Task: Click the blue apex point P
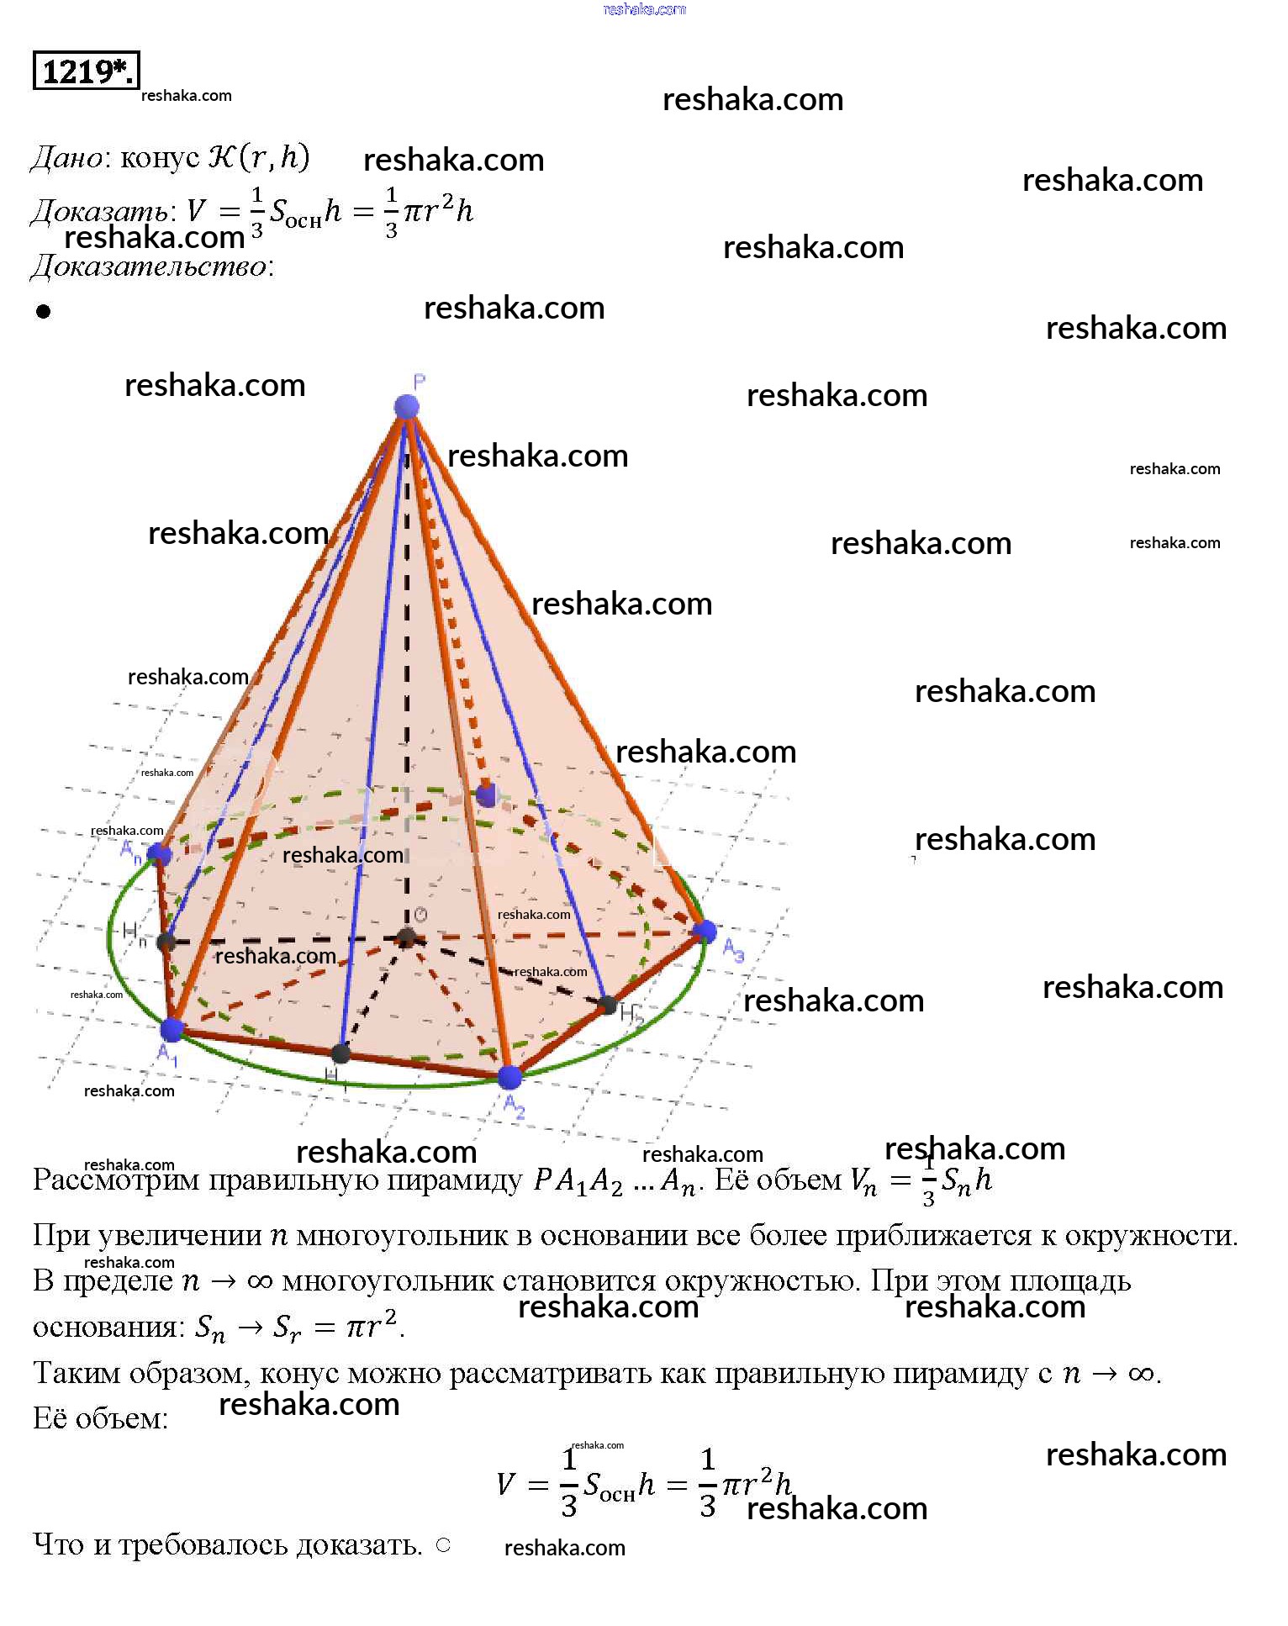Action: [x=407, y=407]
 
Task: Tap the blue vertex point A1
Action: [x=172, y=1028]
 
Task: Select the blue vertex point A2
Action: [x=509, y=1076]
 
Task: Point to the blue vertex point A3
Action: [x=705, y=931]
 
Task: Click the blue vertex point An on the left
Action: [x=159, y=855]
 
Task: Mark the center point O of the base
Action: [x=407, y=937]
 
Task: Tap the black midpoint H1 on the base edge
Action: [x=340, y=1053]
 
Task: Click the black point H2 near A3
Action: [x=608, y=1004]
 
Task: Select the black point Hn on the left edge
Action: [x=166, y=942]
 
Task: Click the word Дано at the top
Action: [x=66, y=158]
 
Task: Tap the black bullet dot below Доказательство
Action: [x=44, y=312]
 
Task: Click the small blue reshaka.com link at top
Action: [x=644, y=9]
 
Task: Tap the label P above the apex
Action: [x=420, y=382]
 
